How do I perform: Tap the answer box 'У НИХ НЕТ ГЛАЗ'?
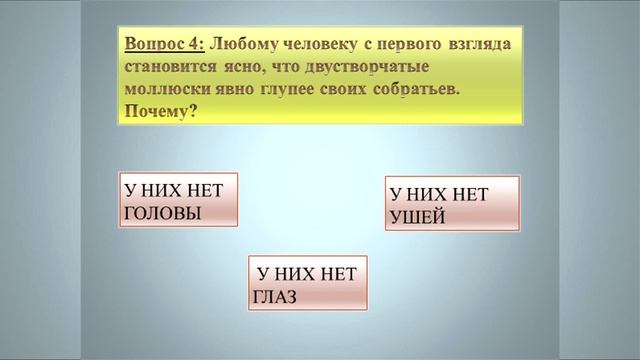pos(308,283)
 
